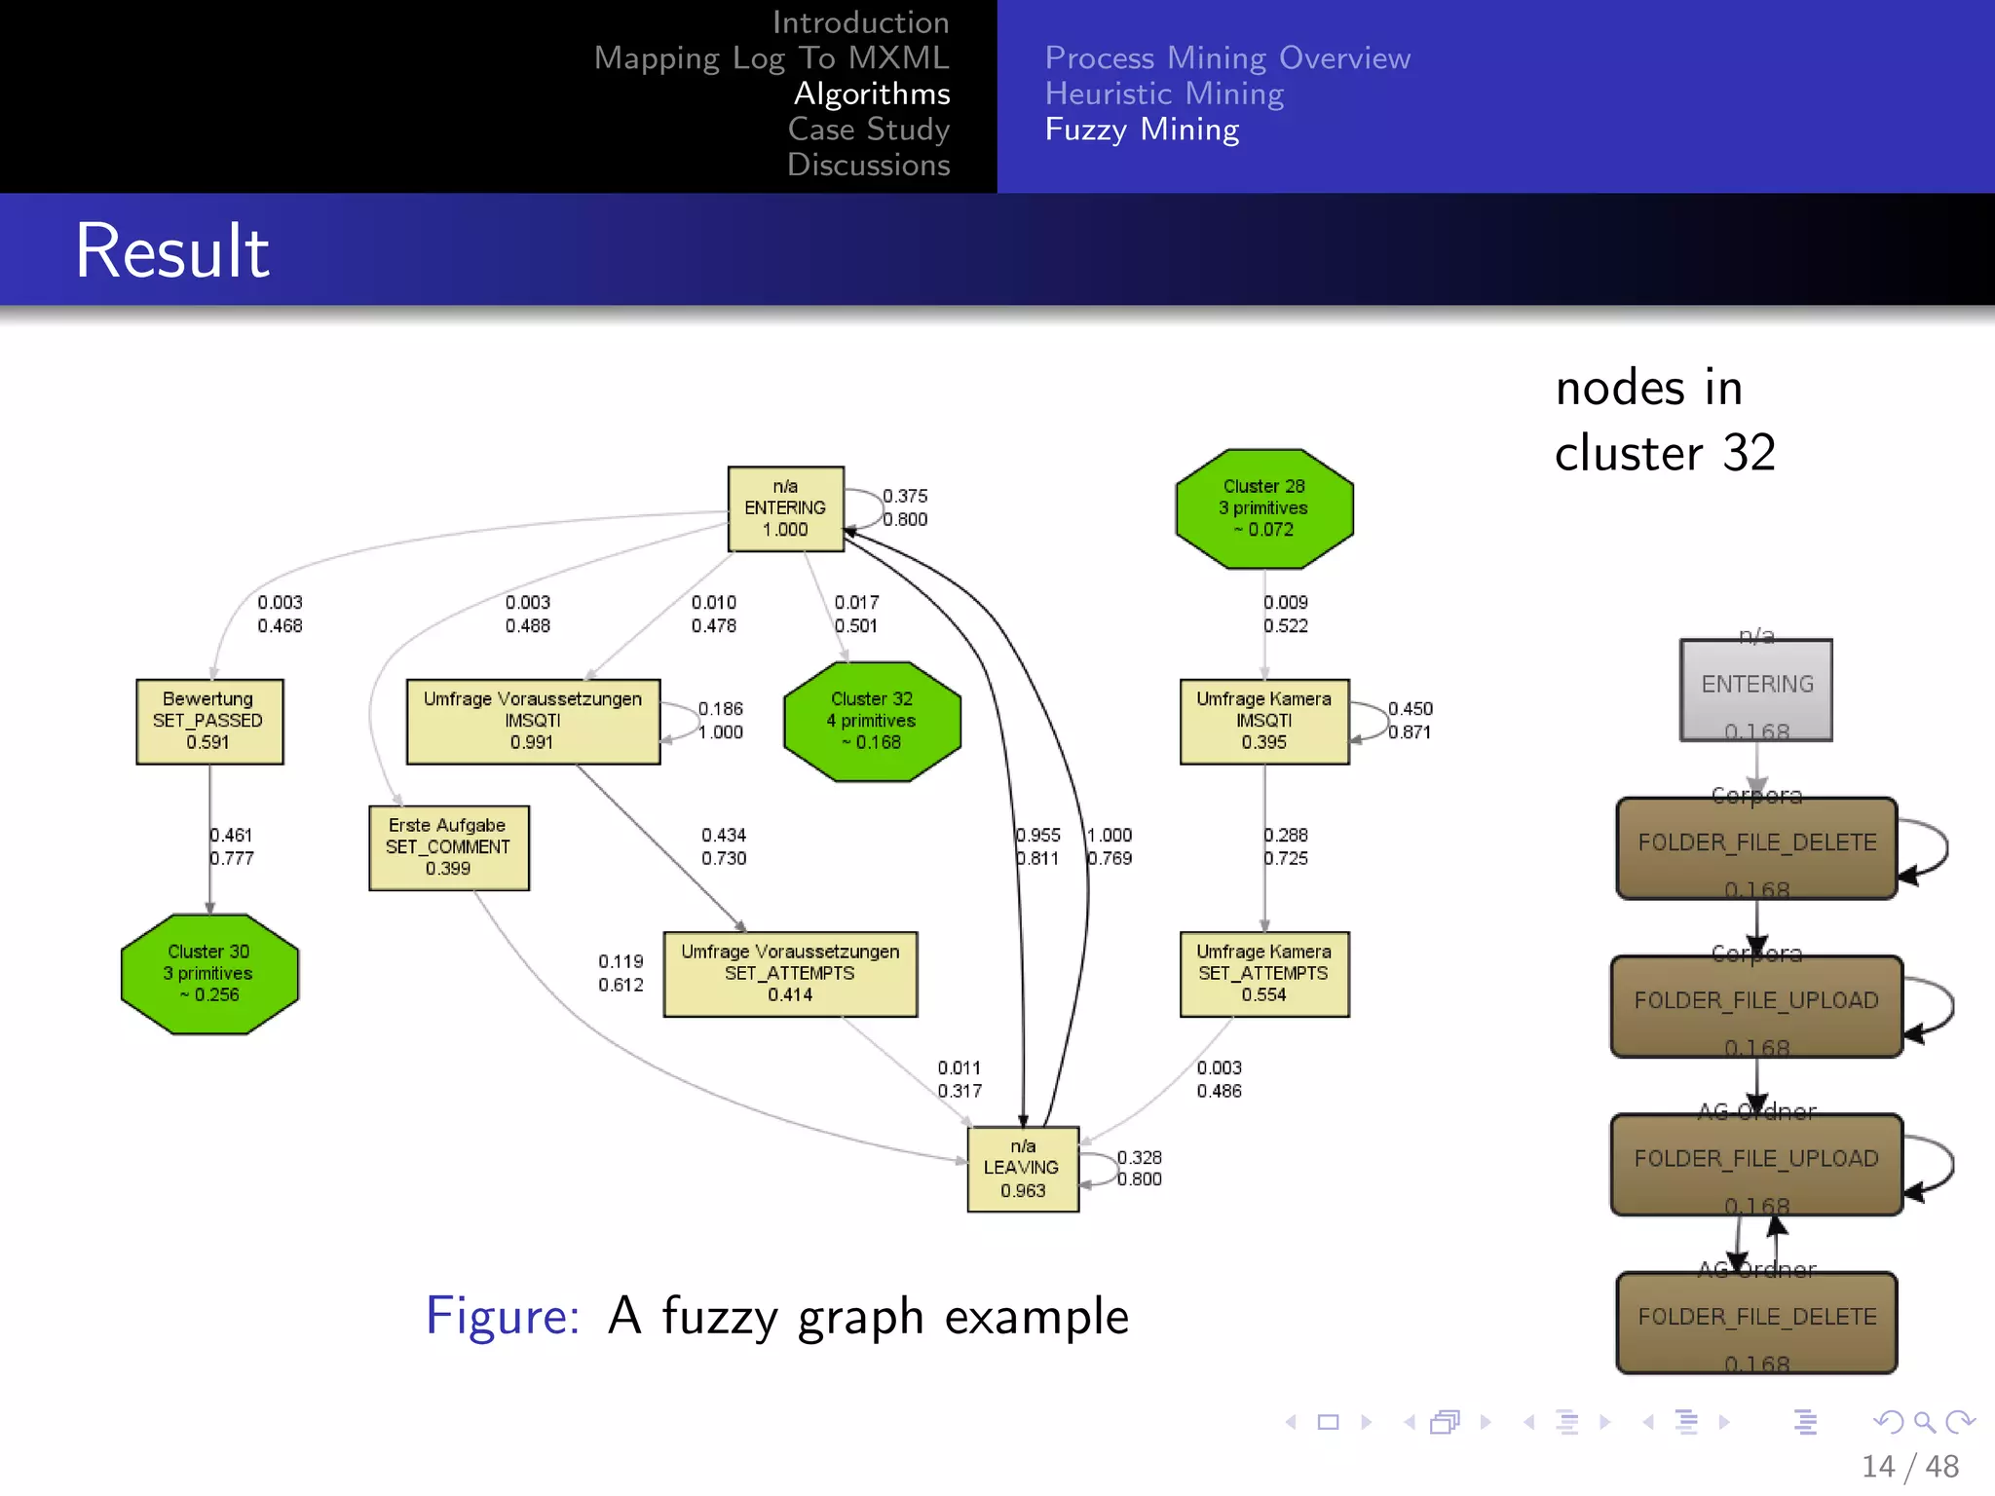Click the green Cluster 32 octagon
872,722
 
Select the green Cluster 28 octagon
1264,508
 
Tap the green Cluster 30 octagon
209,973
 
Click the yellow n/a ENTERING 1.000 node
785,508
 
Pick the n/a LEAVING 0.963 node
1023,1169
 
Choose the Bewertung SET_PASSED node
209,722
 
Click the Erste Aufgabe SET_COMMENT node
448,847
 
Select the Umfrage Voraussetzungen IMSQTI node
533,722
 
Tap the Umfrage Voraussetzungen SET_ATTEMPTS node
790,974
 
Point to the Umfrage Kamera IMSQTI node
1264,722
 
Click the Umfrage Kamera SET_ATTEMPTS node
1264,974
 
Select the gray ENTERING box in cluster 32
1756,690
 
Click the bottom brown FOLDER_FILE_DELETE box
1756,1322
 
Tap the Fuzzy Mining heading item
1142,130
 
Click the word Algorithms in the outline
872,93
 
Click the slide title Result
172,251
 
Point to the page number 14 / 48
1909,1467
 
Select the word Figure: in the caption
503,1317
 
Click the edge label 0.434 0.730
724,846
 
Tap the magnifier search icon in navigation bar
1924,1423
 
